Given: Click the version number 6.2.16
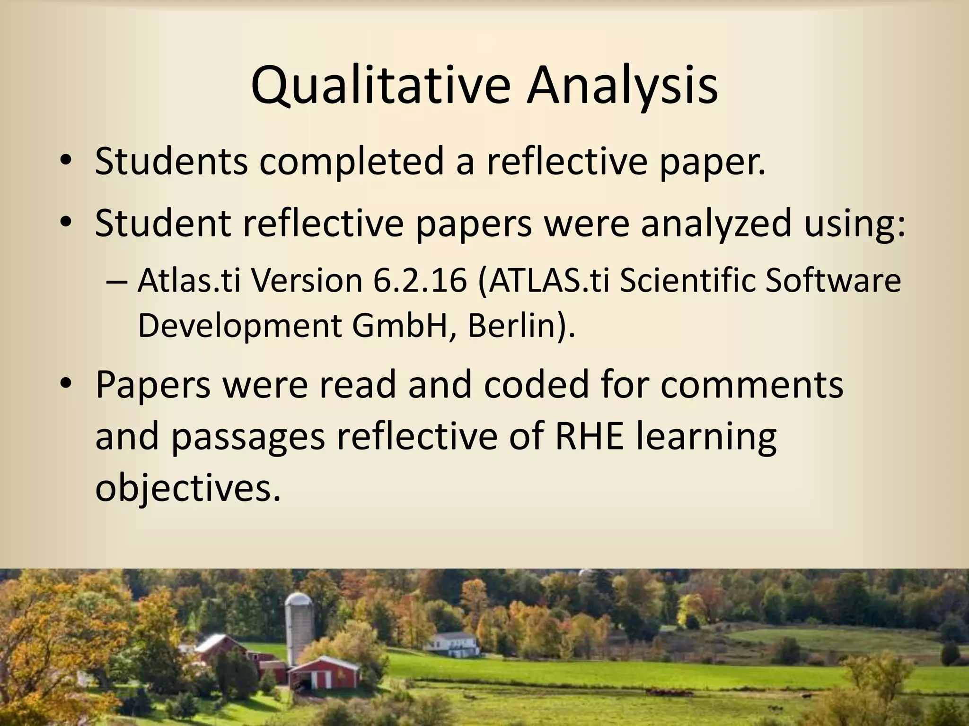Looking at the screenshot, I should click(x=420, y=281).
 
